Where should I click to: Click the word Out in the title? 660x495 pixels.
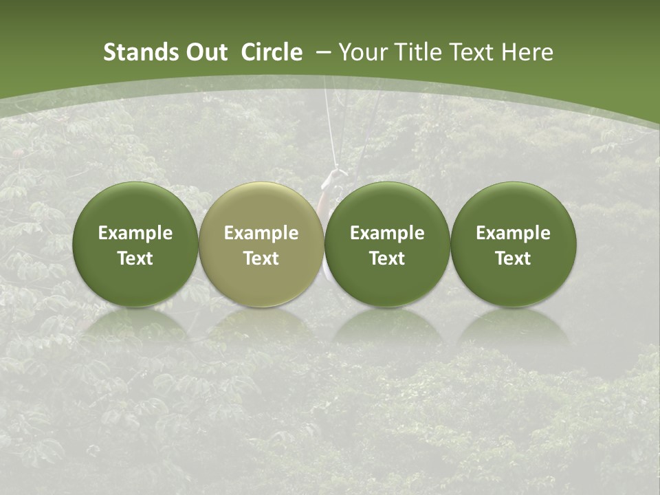coord(204,52)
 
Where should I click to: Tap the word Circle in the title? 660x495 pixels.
coord(272,52)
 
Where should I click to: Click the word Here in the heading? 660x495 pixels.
coord(526,52)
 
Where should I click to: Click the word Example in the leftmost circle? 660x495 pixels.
coord(135,233)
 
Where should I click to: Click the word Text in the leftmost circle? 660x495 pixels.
coord(135,258)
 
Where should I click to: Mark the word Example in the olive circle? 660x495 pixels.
coord(261,233)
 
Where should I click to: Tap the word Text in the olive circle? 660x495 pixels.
coord(261,258)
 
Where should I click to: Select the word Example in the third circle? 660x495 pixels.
coord(387,233)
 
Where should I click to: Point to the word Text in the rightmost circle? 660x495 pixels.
coord(514,258)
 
